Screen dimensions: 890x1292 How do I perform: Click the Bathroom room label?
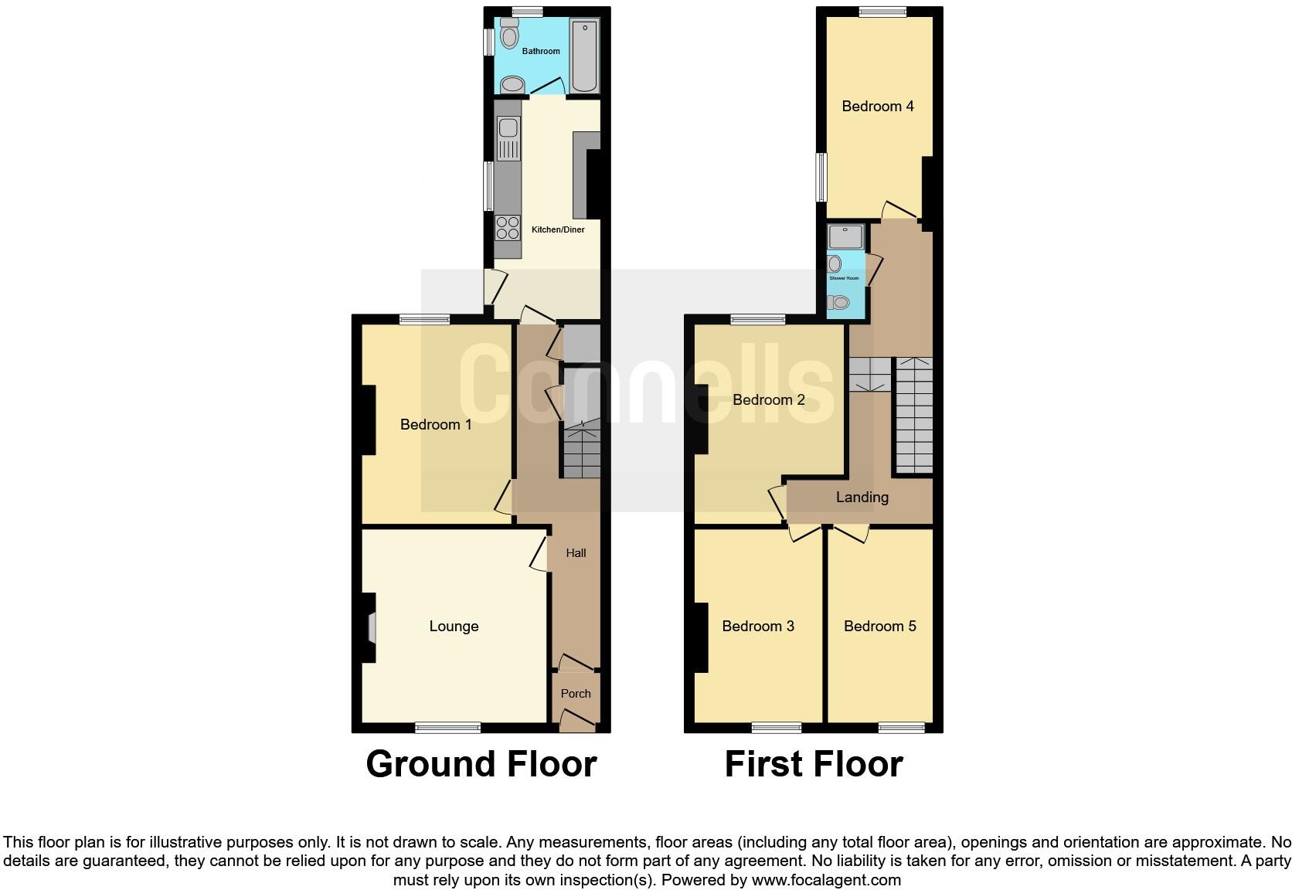pyautogui.click(x=540, y=51)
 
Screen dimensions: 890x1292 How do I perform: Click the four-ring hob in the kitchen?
pyautogui.click(x=508, y=227)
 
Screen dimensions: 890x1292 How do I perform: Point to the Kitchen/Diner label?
pyautogui.click(x=558, y=229)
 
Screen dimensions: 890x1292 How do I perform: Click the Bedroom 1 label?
pyautogui.click(x=436, y=424)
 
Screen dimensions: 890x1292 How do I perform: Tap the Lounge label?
pyautogui.click(x=454, y=627)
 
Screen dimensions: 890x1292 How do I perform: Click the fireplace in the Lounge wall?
pyautogui.click(x=372, y=627)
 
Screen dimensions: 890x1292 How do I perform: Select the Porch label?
pyautogui.click(x=576, y=694)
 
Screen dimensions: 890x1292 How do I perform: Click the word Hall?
pyautogui.click(x=576, y=553)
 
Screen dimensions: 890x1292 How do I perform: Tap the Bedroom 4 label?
pyautogui.click(x=877, y=107)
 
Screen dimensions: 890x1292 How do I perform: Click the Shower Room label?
pyautogui.click(x=844, y=278)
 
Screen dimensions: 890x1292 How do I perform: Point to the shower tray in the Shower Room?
pyautogui.click(x=844, y=237)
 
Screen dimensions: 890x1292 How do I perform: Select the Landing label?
pyautogui.click(x=862, y=498)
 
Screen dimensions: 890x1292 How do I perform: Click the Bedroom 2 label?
pyautogui.click(x=768, y=399)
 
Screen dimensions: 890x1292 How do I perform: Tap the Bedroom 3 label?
pyautogui.click(x=757, y=627)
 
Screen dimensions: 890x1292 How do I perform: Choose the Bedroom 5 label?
pyautogui.click(x=879, y=627)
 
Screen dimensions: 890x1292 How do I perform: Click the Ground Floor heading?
pyautogui.click(x=481, y=764)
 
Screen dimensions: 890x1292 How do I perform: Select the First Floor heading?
pyautogui.click(x=813, y=764)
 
